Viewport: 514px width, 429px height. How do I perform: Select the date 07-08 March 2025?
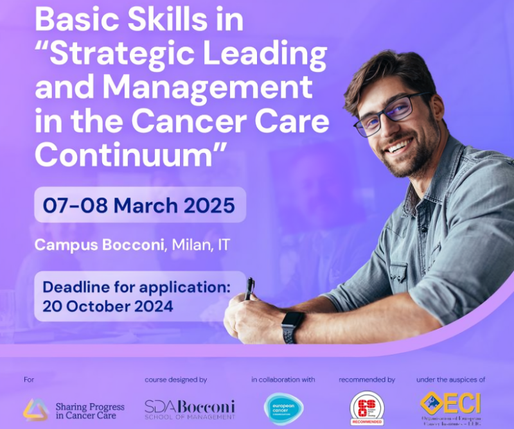(139, 206)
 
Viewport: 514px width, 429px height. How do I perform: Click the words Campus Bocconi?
(100, 245)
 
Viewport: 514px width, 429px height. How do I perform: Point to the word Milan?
(192, 245)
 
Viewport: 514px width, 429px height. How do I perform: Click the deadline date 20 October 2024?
(108, 305)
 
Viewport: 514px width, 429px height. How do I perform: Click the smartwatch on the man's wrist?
(293, 325)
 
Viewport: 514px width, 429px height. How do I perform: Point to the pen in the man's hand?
(249, 289)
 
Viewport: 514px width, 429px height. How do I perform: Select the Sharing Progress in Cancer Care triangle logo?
(36, 408)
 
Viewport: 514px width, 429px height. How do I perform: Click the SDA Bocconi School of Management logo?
(190, 408)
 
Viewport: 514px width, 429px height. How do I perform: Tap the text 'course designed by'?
(175, 380)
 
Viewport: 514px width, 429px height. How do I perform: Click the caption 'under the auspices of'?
(450, 380)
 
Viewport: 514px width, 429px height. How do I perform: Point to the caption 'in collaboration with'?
(283, 380)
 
